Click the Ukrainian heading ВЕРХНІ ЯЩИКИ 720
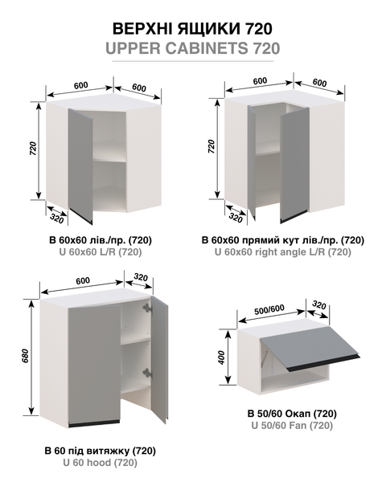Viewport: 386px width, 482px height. coord(192,29)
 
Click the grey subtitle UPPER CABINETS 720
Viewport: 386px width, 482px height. coord(193,48)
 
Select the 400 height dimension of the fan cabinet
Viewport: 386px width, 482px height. coord(221,357)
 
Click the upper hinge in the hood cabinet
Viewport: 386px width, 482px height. coord(147,308)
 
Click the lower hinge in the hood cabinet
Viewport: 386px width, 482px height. coord(147,373)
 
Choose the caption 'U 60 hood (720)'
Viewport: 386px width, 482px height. coord(101,463)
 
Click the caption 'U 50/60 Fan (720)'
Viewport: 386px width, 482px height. coord(292,426)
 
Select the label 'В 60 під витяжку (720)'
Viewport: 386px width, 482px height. coord(101,451)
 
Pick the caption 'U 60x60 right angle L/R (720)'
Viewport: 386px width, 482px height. coord(283,252)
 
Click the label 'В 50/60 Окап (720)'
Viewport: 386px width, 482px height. coord(292,414)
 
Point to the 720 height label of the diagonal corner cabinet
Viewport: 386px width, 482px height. coord(33,149)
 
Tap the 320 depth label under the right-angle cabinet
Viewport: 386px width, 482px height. coord(236,218)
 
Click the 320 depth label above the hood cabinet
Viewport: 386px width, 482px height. coord(141,278)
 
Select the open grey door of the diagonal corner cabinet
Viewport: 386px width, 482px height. coord(80,166)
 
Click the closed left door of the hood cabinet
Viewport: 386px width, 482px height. coord(95,365)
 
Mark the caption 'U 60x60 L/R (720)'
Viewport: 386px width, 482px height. coord(101,252)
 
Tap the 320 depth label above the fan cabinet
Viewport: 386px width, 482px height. coord(319,305)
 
